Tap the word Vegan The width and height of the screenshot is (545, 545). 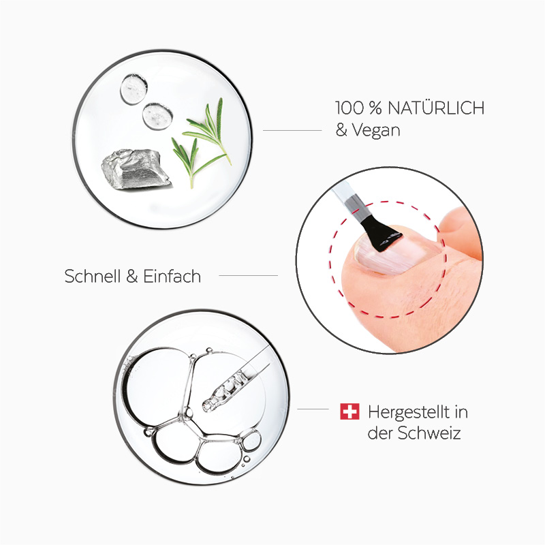click(x=375, y=129)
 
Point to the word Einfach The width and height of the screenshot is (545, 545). click(x=172, y=276)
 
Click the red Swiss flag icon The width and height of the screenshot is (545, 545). click(x=349, y=411)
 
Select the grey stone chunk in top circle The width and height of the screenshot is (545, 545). click(x=135, y=170)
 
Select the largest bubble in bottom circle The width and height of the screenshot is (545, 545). click(x=155, y=386)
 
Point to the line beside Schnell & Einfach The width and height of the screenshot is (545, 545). click(x=248, y=276)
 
